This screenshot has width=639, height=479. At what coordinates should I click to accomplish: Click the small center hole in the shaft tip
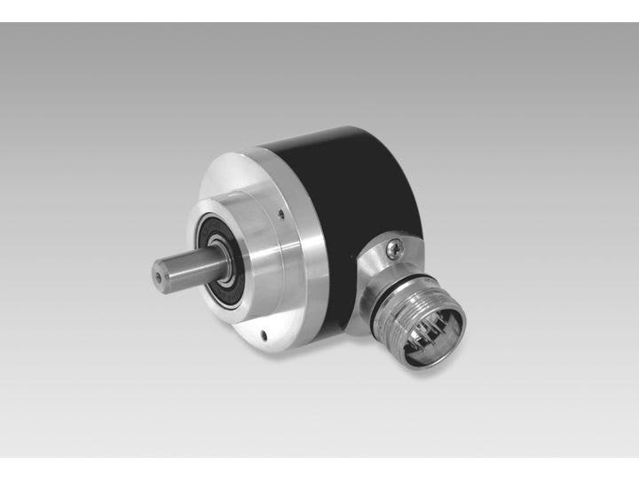[160, 276]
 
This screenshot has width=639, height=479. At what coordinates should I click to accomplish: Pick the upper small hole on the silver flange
[280, 212]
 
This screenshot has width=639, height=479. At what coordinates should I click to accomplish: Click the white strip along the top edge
[319, 11]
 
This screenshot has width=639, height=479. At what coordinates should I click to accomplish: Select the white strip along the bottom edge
[319, 467]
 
